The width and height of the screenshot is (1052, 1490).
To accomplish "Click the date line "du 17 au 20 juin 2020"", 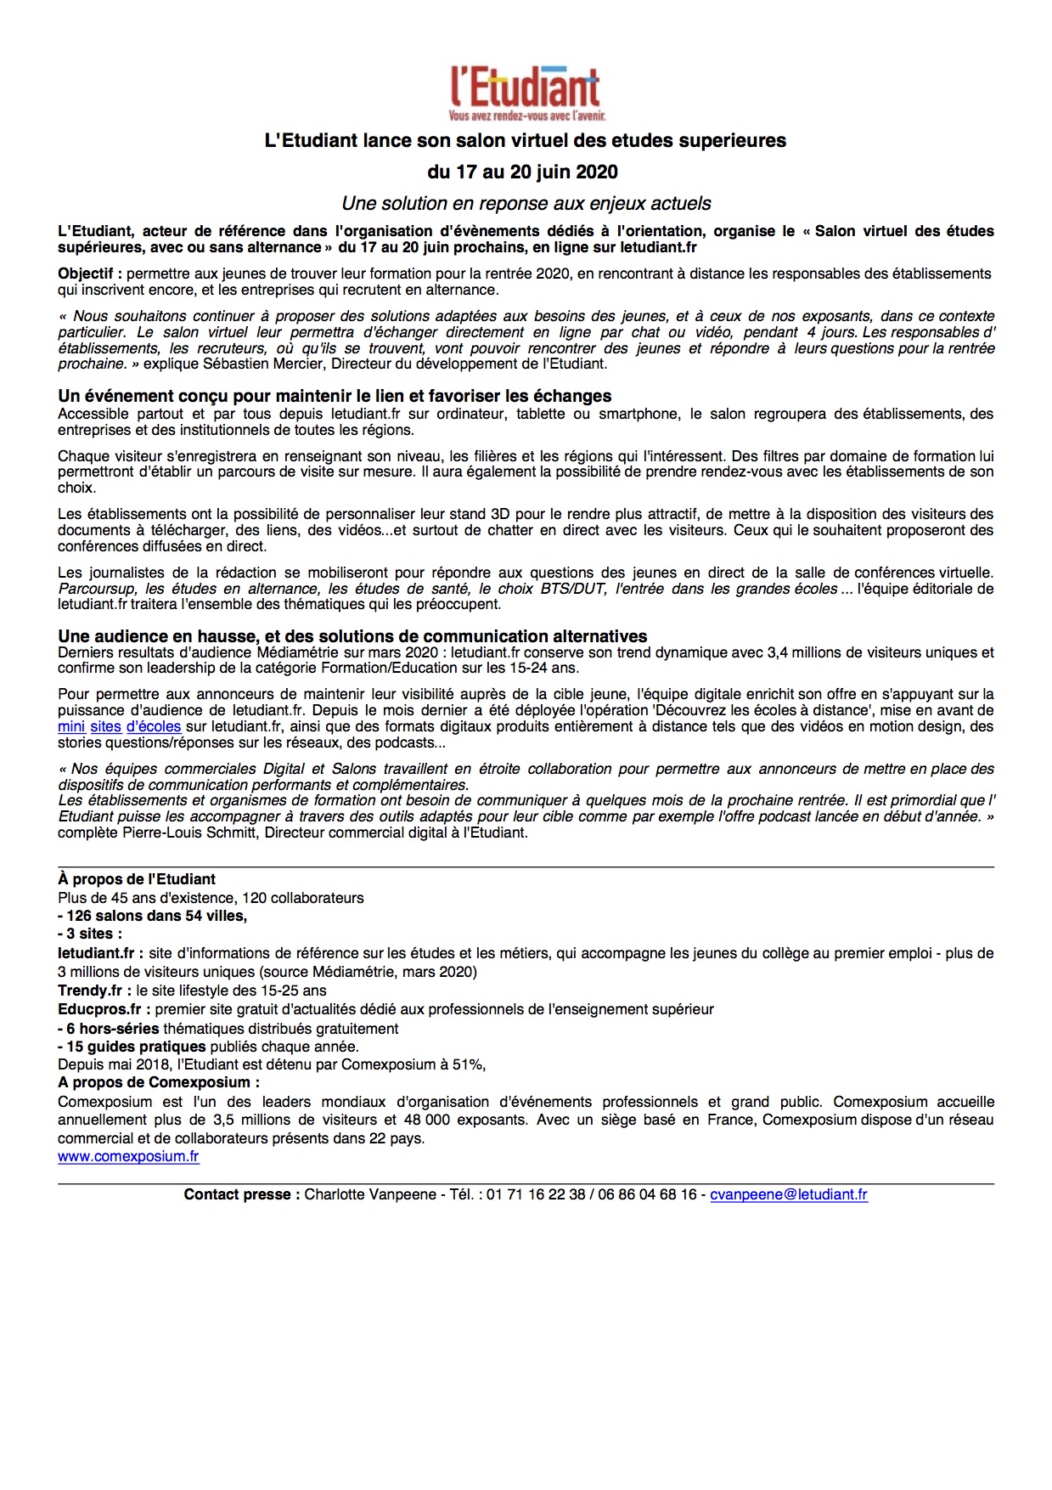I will [522, 172].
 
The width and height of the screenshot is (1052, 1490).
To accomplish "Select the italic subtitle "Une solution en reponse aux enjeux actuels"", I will [526, 204].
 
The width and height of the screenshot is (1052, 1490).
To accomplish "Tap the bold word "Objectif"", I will [88, 274].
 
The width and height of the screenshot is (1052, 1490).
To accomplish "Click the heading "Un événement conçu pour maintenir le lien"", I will [335, 396].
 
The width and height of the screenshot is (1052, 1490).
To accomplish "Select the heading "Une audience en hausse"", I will [352, 636].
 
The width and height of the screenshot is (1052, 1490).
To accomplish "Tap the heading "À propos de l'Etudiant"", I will [137, 879].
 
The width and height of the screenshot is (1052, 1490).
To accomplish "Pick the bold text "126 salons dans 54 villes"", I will [156, 916].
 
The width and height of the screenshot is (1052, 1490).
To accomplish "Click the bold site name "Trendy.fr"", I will [90, 991].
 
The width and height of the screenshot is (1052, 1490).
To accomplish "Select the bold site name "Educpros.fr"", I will [99, 1009].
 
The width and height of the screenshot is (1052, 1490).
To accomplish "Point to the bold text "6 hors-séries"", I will [113, 1028].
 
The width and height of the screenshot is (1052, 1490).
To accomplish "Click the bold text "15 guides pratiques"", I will [136, 1047].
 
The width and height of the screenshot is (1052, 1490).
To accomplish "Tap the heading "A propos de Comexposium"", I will [158, 1082].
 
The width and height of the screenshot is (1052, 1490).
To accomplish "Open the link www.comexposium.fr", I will [128, 1156].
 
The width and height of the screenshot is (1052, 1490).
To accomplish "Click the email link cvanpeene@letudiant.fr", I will [789, 1194].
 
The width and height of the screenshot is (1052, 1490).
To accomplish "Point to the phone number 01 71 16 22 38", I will [536, 1194].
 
